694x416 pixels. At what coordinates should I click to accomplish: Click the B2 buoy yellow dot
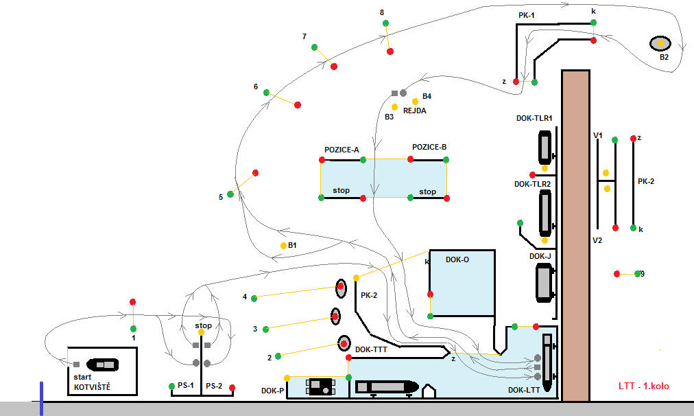[x=661, y=43]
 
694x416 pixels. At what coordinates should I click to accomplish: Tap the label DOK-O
[x=457, y=259]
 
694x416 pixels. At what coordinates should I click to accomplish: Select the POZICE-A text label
[x=342, y=149]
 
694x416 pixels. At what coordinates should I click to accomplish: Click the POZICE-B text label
[x=429, y=147]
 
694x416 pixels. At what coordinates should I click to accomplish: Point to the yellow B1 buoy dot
[x=283, y=245]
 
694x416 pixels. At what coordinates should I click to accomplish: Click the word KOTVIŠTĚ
[x=92, y=387]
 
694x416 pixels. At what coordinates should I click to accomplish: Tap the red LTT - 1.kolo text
[x=644, y=386]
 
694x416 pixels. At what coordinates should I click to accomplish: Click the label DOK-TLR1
[x=534, y=118]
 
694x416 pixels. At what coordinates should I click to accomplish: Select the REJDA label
[x=415, y=110]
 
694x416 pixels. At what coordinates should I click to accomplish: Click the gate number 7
[x=304, y=36]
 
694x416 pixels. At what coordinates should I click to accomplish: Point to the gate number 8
[x=381, y=12]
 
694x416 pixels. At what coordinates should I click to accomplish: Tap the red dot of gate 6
[x=298, y=104]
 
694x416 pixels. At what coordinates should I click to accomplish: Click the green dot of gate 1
[x=134, y=328]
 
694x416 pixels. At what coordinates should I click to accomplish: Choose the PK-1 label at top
[x=527, y=14]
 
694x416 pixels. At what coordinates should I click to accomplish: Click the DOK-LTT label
[x=524, y=390]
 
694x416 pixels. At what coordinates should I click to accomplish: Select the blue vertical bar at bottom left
[x=41, y=399]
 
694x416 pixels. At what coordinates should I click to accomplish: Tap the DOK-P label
[x=272, y=391]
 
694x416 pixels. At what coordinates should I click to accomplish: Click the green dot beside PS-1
[x=172, y=386]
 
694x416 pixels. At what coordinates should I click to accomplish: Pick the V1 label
[x=597, y=136]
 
